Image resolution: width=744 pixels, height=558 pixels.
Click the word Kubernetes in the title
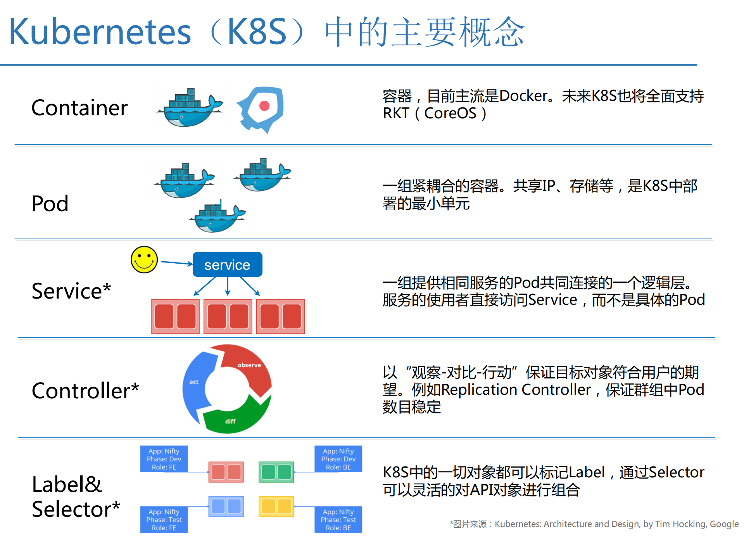[x=100, y=32]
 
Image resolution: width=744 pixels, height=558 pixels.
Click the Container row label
[x=79, y=108]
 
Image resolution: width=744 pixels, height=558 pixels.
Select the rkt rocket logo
[x=262, y=109]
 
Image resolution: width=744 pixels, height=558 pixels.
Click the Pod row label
[x=50, y=204]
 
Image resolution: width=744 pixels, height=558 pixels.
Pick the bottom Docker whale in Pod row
[x=217, y=217]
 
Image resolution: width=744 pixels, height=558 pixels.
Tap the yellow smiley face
[x=144, y=259]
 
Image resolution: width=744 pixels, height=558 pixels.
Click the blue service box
[x=227, y=264]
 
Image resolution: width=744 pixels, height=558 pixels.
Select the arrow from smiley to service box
[x=176, y=263]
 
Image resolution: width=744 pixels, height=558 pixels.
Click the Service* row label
[x=71, y=291]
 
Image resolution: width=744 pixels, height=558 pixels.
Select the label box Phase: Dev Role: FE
[x=164, y=459]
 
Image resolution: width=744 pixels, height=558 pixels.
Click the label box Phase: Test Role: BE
[x=338, y=520]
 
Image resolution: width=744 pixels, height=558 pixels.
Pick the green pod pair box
[x=276, y=472]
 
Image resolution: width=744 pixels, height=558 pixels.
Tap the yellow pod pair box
[x=276, y=506]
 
